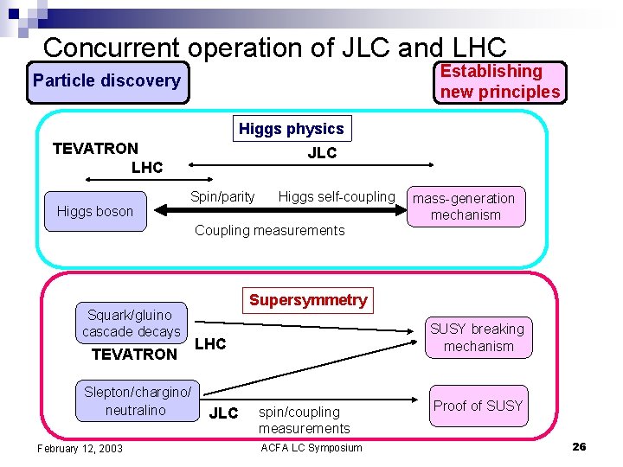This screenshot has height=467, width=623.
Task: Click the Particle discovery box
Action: pos(107,82)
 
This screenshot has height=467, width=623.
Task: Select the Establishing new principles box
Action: pos(500,82)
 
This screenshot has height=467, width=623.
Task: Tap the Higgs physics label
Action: pos(292,130)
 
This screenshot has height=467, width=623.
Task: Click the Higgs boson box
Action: pos(95,212)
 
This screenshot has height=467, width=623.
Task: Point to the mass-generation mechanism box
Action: pos(466,207)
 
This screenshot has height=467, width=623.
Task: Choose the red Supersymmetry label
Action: pos(308,301)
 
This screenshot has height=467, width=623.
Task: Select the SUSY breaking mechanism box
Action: pos(478,337)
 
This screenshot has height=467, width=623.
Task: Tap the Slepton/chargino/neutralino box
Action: pos(137,401)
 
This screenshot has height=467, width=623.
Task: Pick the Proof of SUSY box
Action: pos(478,406)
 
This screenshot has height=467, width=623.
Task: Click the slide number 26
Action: pos(579,446)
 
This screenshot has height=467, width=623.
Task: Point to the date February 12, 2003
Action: pos(80,448)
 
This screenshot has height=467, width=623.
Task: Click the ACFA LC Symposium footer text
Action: pos(311,447)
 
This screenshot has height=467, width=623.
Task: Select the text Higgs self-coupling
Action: pos(336,197)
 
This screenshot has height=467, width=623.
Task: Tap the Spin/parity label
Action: pos(222,197)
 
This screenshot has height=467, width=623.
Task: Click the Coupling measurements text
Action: pos(269,230)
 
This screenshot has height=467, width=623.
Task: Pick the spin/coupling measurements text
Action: pos(304,420)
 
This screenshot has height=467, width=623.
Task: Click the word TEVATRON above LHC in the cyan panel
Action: pos(95,149)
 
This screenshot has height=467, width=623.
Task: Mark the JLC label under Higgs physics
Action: pos(322,154)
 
